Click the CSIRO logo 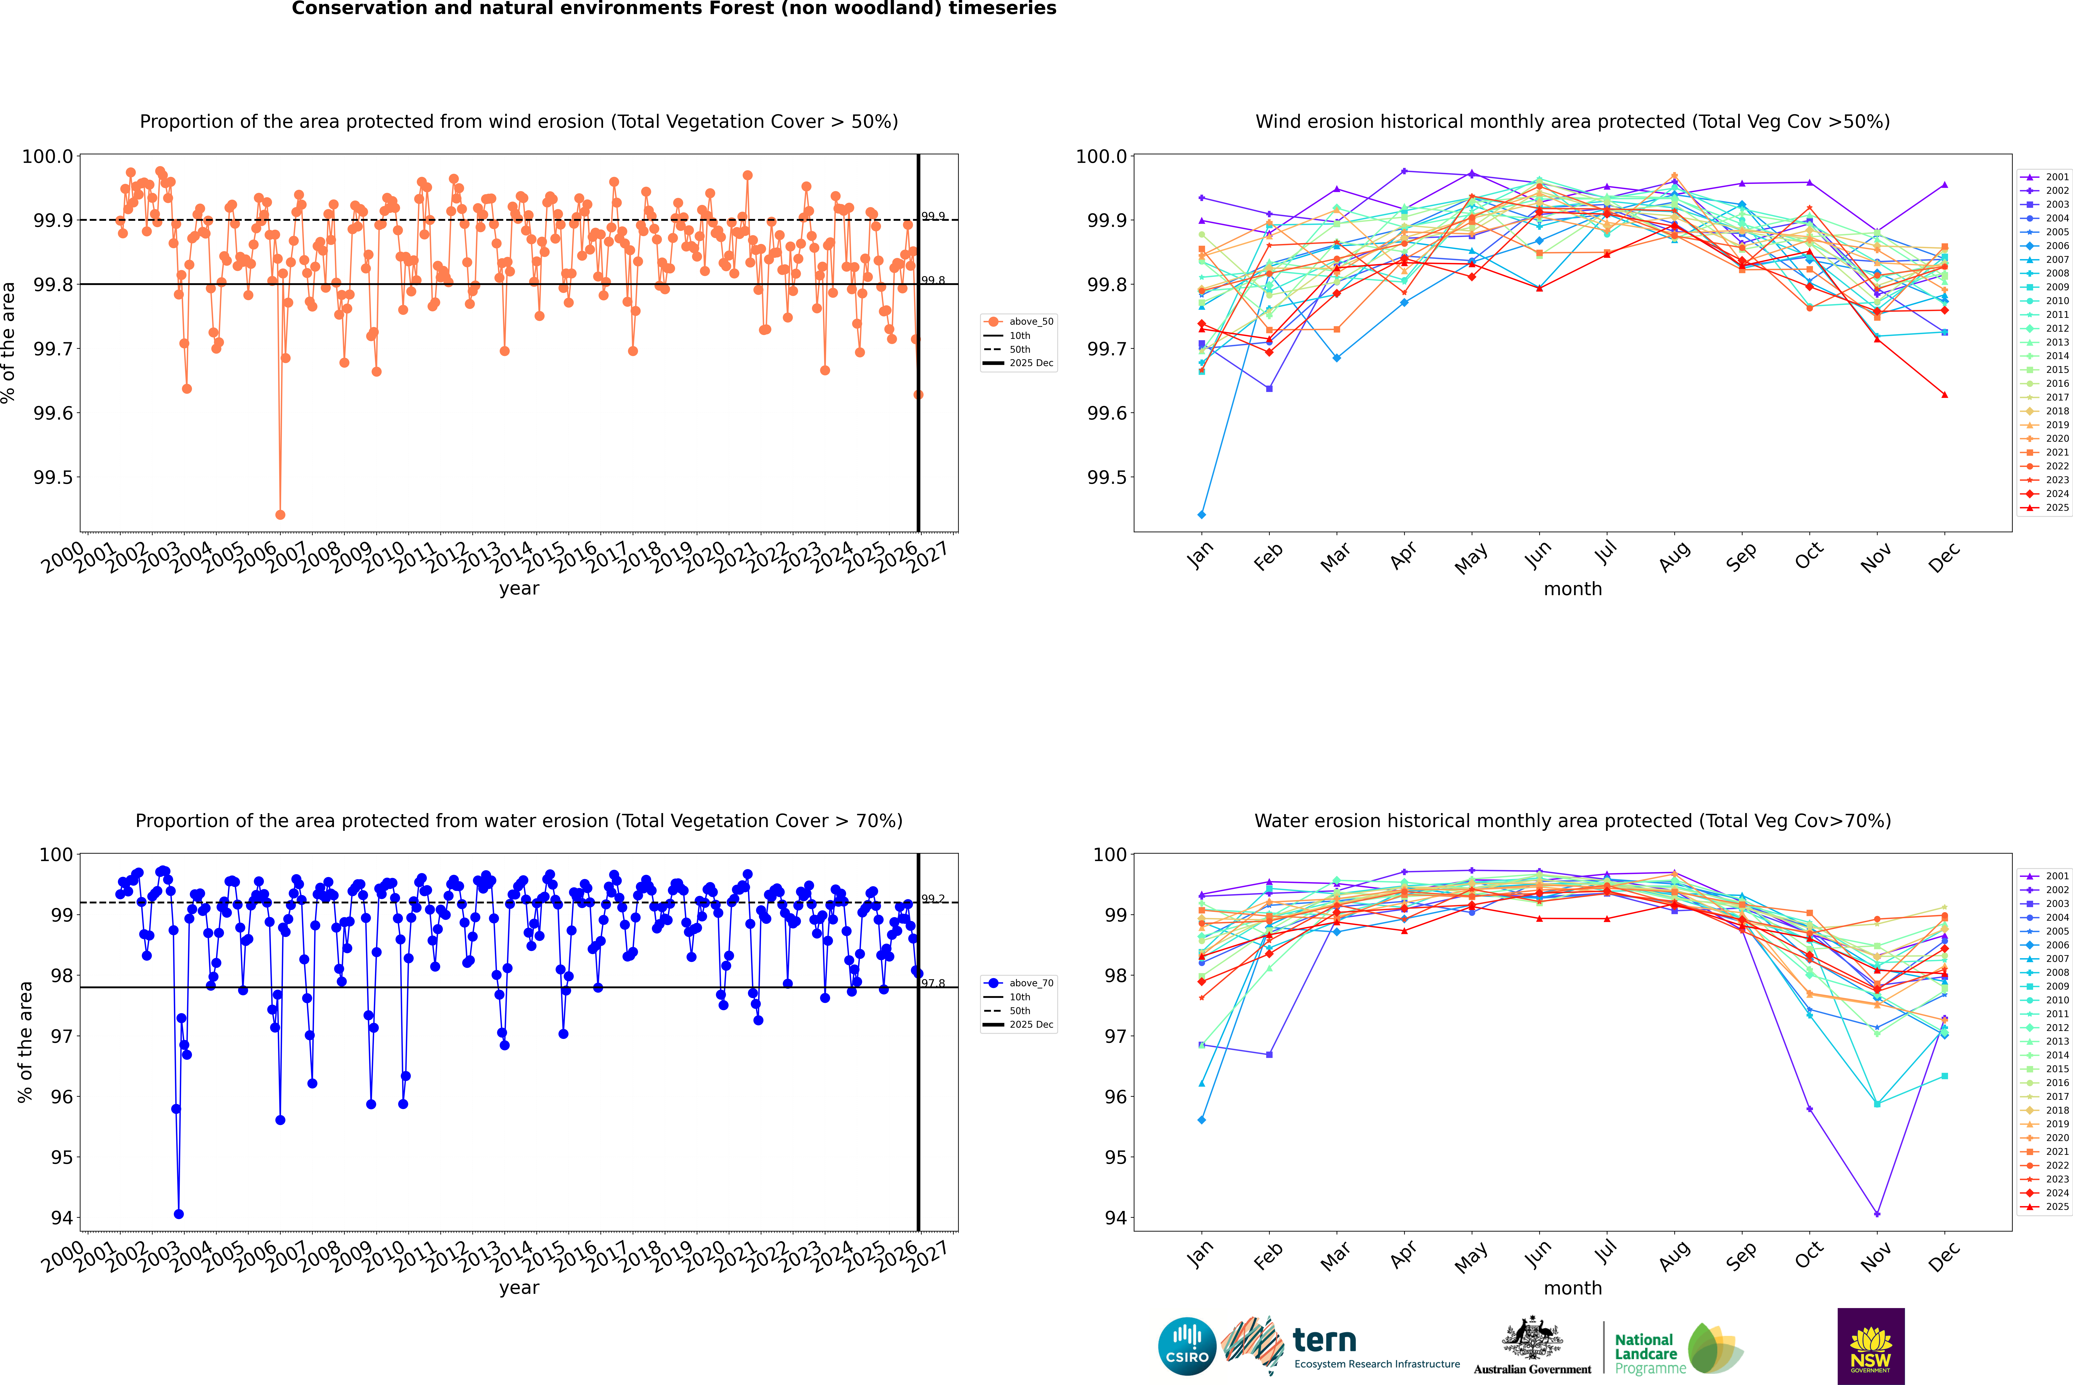coord(1187,1346)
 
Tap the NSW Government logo coord(1871,1346)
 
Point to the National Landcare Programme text coord(1645,1353)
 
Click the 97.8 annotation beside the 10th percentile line coord(933,983)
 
